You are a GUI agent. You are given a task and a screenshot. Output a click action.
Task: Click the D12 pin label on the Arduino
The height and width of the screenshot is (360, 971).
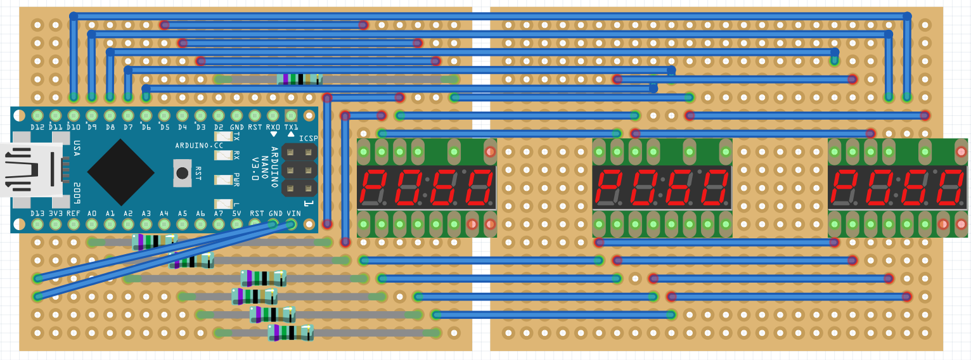point(37,127)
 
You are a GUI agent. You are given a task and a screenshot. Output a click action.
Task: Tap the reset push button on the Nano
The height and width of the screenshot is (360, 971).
point(183,173)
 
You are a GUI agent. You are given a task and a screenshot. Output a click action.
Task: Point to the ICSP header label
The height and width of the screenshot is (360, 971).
point(308,138)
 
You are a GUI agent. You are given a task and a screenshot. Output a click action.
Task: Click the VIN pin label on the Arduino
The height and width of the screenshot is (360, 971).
point(293,214)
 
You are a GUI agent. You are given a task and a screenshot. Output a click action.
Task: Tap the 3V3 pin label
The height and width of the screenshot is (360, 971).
point(56,214)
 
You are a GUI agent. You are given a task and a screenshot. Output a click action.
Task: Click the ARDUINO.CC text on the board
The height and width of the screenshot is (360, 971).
point(200,146)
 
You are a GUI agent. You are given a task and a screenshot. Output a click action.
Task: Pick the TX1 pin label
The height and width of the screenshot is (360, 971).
point(292,127)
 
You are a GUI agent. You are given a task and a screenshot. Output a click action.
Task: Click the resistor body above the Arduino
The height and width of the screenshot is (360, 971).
point(300,79)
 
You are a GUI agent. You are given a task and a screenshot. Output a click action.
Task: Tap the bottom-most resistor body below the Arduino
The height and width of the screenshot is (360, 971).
point(290,332)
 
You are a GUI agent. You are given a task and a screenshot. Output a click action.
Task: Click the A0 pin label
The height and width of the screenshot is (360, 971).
point(92,214)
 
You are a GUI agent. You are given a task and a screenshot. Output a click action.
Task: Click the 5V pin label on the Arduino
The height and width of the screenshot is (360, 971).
point(237,214)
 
